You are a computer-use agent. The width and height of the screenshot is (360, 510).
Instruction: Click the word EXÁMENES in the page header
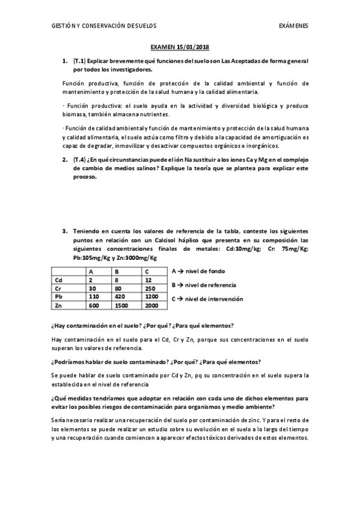pos(293,26)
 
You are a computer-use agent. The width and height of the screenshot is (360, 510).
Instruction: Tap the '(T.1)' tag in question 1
pos(80,61)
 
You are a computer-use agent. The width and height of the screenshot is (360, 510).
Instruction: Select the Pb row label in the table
pos(58,296)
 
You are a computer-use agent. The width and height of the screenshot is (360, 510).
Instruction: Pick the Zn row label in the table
pos(58,306)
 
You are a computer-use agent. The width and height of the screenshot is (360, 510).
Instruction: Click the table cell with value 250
pos(151,288)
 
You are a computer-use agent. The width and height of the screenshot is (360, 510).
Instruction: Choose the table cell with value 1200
pos(152,296)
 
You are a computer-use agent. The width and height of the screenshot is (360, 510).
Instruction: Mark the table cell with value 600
pos(94,306)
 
